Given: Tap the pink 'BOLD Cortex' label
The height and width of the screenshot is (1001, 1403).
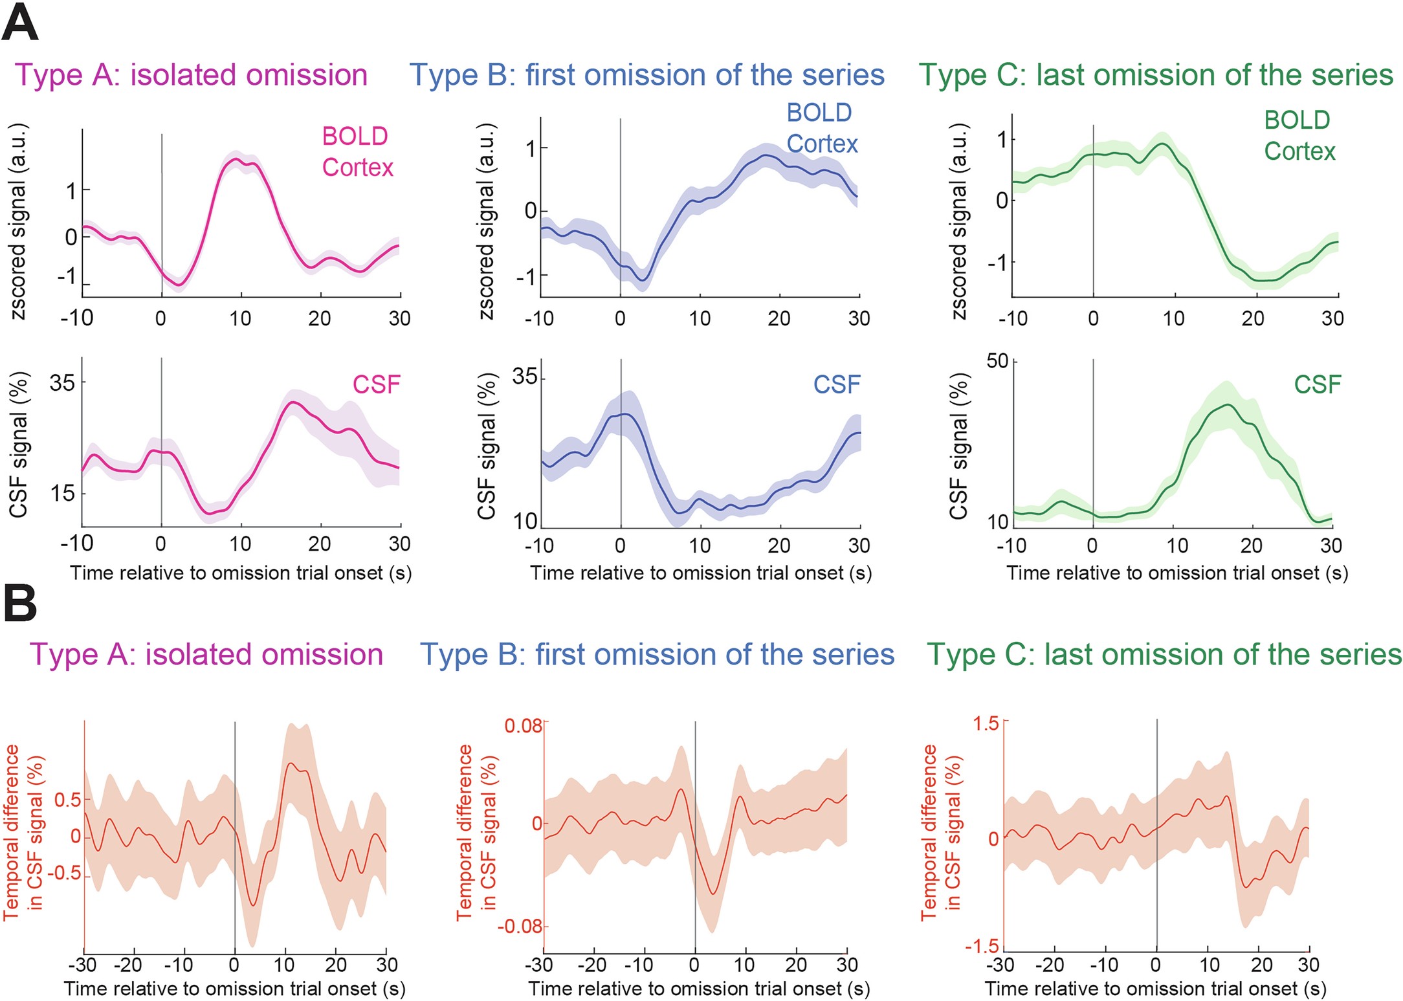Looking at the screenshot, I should [x=357, y=151].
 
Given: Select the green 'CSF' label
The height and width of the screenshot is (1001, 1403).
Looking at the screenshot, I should [x=1317, y=384].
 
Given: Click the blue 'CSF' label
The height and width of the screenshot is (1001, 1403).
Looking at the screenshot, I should [x=836, y=384].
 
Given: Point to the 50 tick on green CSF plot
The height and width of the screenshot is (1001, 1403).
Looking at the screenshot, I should [x=997, y=361].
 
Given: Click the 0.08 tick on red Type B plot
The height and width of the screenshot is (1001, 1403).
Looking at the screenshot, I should [x=523, y=725].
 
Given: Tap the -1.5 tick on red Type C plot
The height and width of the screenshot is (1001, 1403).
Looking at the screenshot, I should [x=982, y=946].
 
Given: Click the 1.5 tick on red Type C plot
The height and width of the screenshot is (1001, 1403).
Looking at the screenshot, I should [x=986, y=723].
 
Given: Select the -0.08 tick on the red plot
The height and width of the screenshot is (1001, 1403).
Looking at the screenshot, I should [x=519, y=926].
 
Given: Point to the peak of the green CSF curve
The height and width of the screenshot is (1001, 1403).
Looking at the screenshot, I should [x=1228, y=405].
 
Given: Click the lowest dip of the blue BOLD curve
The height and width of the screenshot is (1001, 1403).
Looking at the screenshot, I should [x=643, y=281].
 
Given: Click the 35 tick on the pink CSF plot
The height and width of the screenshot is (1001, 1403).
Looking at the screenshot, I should [x=62, y=382].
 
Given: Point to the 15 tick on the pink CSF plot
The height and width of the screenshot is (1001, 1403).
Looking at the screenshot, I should [x=62, y=493].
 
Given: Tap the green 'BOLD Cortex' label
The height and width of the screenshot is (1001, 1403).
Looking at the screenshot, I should [x=1299, y=135].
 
